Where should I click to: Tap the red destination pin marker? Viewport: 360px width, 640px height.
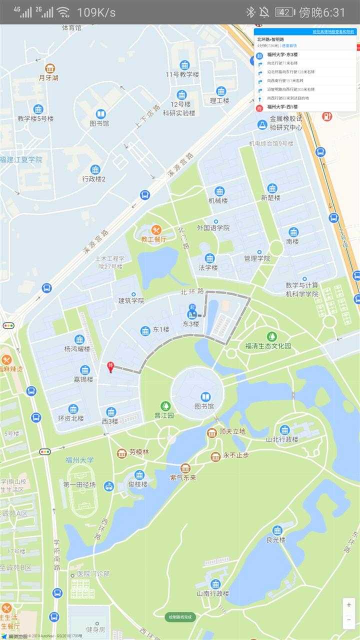click(110, 367)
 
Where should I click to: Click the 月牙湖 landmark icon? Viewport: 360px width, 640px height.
click(50, 68)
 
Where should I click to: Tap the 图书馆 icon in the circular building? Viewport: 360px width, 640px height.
click(205, 397)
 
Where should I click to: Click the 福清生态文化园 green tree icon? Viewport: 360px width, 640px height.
click(271, 336)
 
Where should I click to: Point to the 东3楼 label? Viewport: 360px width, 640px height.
click(190, 324)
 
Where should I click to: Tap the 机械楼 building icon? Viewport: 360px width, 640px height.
click(219, 191)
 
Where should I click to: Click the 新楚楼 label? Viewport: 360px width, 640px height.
click(271, 198)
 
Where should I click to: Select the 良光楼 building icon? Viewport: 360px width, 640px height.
click(277, 530)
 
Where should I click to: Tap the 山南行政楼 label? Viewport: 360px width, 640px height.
click(213, 593)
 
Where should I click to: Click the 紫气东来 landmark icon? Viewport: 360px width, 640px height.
click(185, 468)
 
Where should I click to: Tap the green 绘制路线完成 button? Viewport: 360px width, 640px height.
click(180, 617)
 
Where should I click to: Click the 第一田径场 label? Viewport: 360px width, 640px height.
click(79, 485)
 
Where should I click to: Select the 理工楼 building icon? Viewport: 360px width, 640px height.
click(221, 91)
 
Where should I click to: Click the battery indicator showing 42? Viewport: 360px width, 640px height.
click(284, 12)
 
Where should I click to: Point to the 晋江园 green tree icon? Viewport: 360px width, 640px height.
click(165, 406)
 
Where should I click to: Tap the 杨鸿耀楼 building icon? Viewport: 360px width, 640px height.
click(79, 339)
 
